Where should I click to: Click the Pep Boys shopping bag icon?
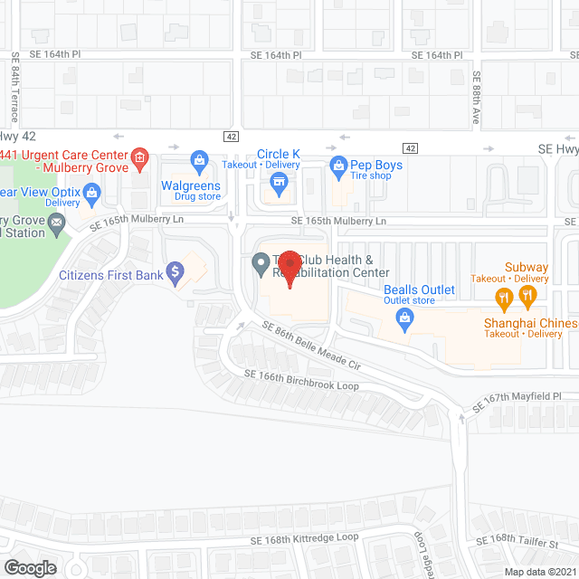click(x=338, y=166)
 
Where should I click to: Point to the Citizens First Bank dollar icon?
click(x=176, y=270)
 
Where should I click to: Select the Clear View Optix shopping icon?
click(x=90, y=192)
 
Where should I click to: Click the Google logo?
click(x=29, y=567)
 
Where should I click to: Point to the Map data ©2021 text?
click(x=539, y=571)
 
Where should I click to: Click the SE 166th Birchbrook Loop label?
click(x=300, y=380)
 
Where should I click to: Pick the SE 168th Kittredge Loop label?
click(x=304, y=540)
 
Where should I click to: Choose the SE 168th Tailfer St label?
click(x=527, y=540)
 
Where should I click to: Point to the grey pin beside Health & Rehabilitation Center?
click(x=261, y=263)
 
